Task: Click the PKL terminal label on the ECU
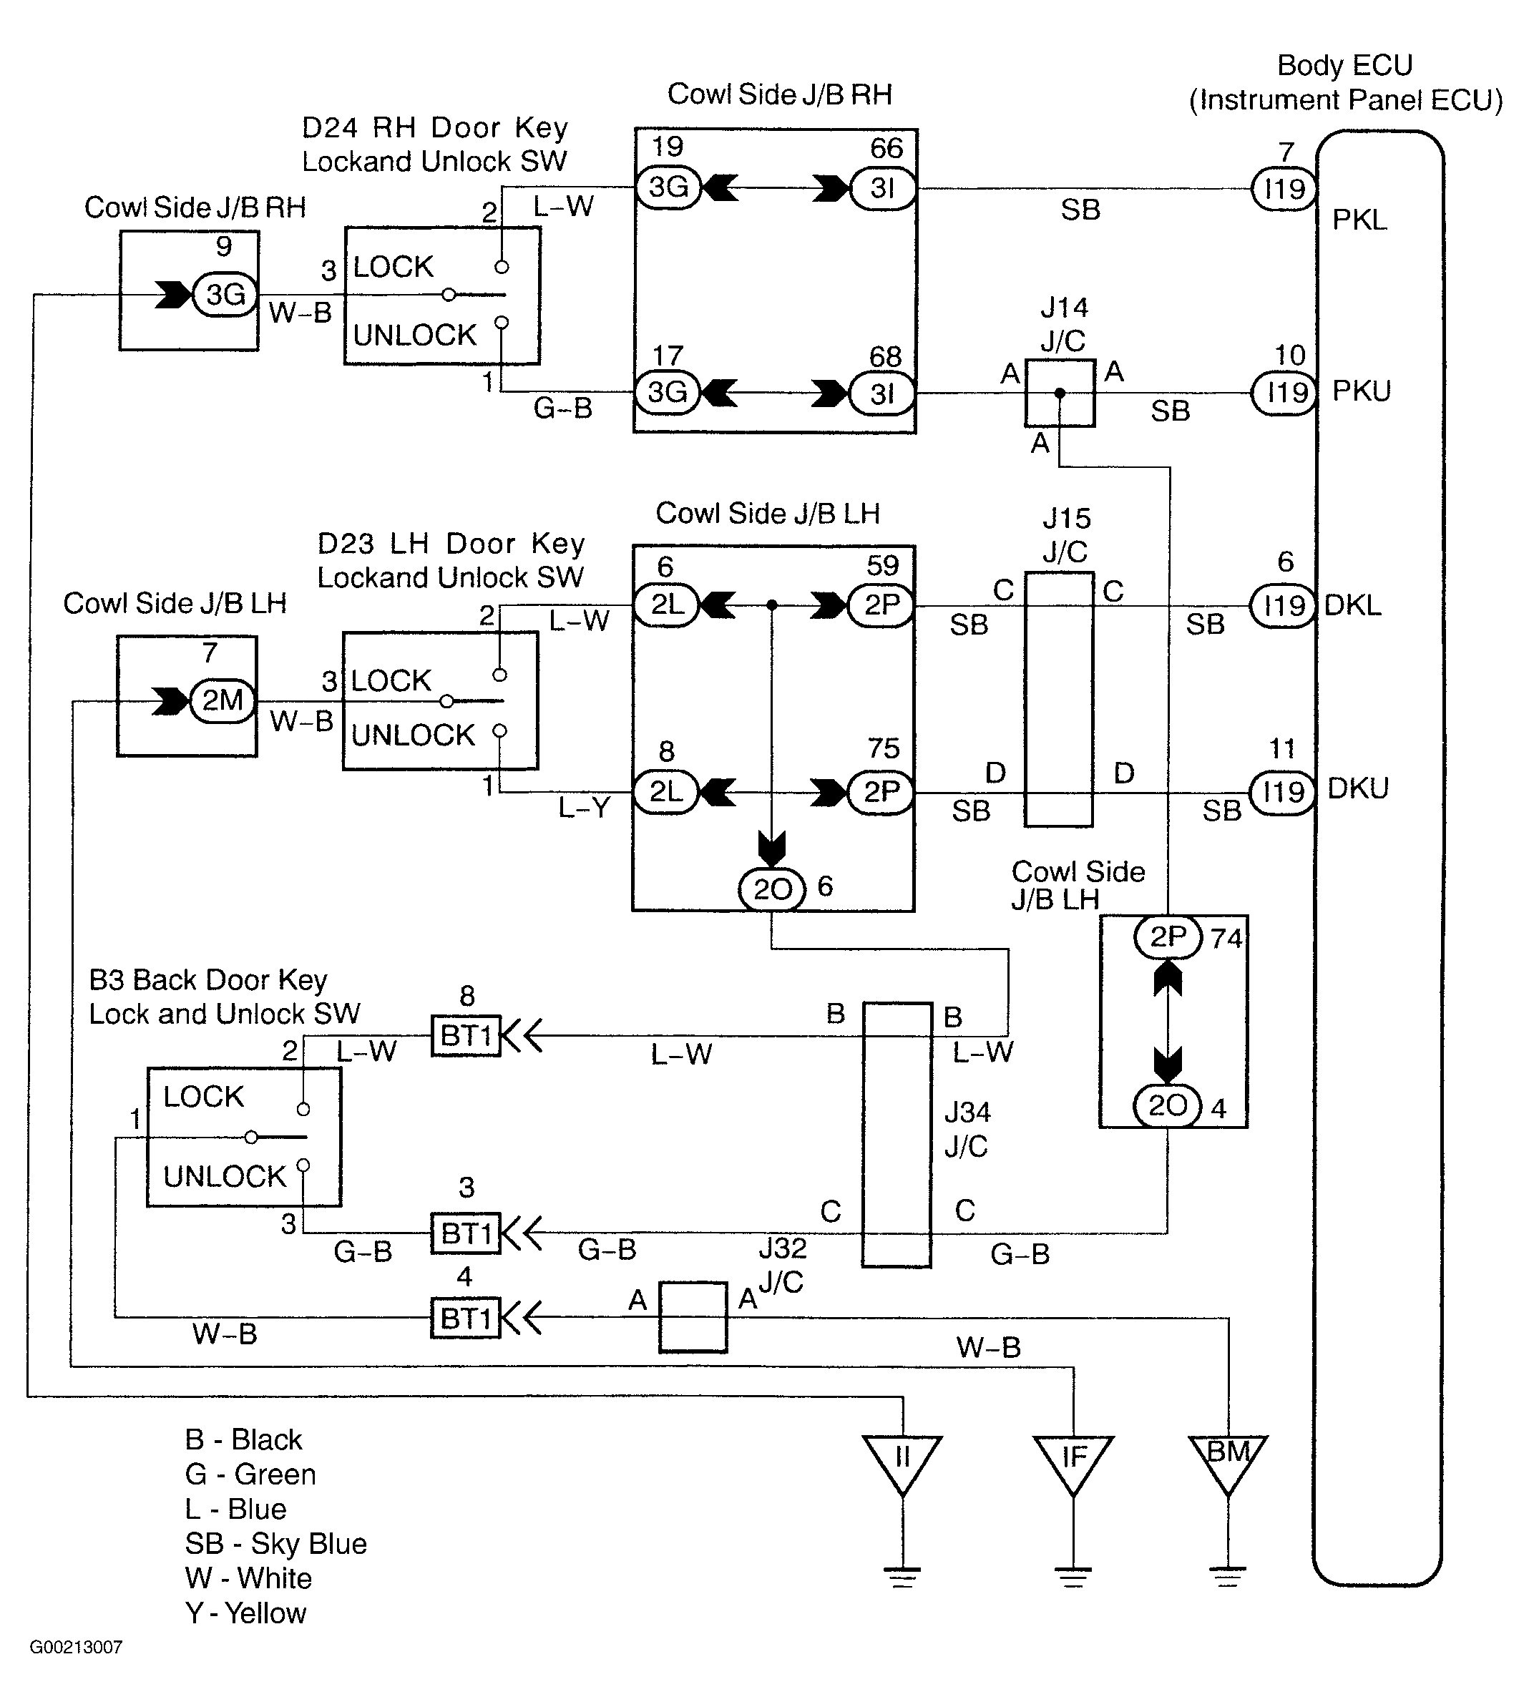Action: tap(1359, 220)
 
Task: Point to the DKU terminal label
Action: tap(1357, 788)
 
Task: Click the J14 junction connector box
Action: tap(1060, 393)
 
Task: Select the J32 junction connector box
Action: tap(693, 1317)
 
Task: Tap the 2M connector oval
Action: tap(223, 700)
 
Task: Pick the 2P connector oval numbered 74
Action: tap(1168, 936)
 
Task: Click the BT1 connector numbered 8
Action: tap(465, 1036)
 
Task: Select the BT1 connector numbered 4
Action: tap(465, 1317)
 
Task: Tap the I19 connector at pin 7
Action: tap(1284, 188)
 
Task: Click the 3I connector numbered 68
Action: tap(882, 393)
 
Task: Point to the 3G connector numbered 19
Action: tap(668, 187)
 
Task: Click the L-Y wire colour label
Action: tap(583, 808)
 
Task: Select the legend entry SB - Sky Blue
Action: tap(275, 1544)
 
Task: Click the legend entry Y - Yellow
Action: tap(245, 1614)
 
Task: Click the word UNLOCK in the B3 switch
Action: tap(225, 1176)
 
